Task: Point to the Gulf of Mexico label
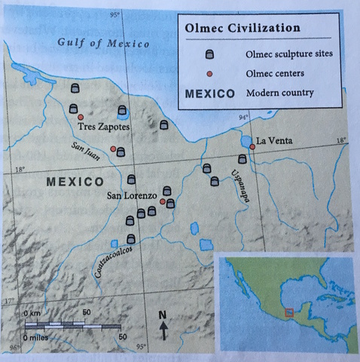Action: tap(103, 42)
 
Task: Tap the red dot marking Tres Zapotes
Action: tap(81, 117)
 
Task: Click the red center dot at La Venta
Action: tap(253, 147)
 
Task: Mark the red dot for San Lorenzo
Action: tap(162, 202)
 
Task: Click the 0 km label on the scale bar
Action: tap(34, 311)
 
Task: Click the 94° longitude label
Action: tap(243, 118)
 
